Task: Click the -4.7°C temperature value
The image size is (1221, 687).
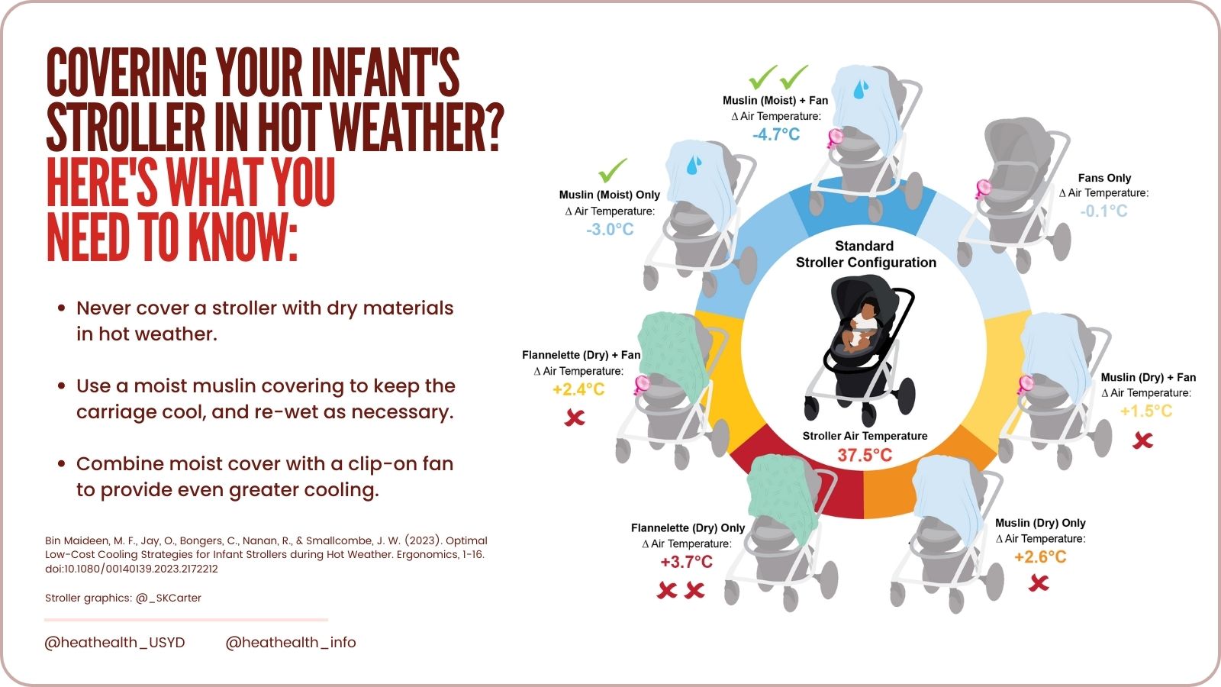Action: point(776,134)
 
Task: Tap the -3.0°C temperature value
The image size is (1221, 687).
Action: point(610,229)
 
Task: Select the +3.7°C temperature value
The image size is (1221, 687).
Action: point(686,562)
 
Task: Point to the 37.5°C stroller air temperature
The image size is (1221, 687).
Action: point(865,455)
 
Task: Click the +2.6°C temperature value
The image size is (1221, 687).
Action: point(1040,556)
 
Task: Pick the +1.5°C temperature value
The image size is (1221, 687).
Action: point(1146,411)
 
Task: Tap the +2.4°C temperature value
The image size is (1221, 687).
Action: point(578,389)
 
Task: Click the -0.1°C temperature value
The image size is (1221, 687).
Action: point(1103,211)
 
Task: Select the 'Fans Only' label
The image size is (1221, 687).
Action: point(1104,178)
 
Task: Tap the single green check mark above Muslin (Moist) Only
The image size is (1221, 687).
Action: point(612,169)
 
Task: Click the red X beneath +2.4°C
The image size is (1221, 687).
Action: point(575,417)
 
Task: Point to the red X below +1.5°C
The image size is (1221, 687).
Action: point(1142,440)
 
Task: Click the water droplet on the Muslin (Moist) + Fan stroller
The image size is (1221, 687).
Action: point(861,89)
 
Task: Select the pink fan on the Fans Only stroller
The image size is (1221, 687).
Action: point(983,187)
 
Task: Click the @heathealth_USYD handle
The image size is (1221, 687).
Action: point(114,642)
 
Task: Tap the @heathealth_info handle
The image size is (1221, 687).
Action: point(291,642)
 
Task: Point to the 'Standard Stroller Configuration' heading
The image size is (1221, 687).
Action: point(865,254)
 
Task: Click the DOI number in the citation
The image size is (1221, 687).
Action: point(131,569)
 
